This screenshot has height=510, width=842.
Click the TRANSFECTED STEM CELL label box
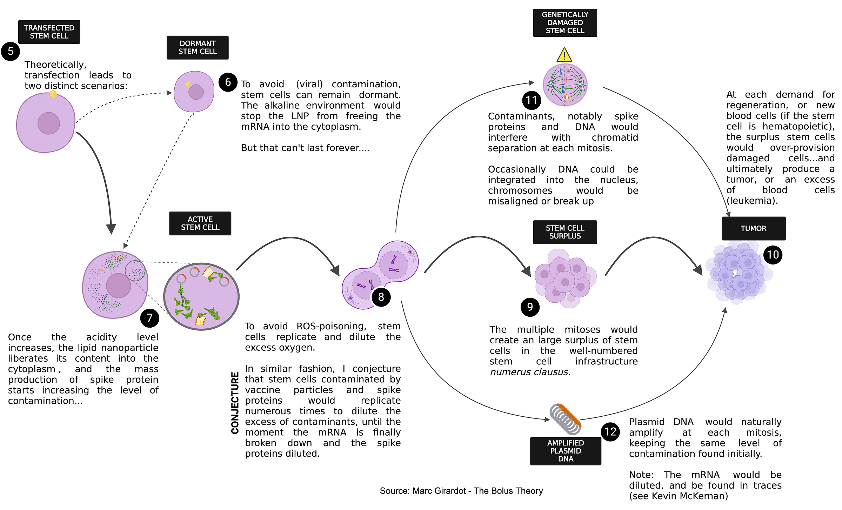point(49,32)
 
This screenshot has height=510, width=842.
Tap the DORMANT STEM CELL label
point(198,47)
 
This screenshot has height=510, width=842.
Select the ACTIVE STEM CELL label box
point(200,223)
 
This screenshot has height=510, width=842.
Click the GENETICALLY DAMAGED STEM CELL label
point(565,23)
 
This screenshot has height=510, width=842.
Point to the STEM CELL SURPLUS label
point(565,232)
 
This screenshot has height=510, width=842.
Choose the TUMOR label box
point(753,228)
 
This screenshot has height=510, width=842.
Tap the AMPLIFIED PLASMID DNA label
point(566,451)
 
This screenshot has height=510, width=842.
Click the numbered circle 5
point(11,52)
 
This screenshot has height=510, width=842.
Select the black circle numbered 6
point(228,82)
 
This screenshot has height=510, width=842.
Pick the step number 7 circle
point(150,318)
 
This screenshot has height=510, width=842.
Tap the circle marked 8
point(381,297)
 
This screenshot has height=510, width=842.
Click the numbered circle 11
point(532,101)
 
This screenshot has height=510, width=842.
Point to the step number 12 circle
point(610,432)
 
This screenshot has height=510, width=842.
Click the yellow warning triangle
point(564,55)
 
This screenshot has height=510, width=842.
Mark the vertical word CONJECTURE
point(235,403)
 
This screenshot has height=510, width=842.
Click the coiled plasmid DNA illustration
point(565,419)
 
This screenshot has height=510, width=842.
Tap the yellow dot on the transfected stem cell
point(53,94)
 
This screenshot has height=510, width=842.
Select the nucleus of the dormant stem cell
point(196,92)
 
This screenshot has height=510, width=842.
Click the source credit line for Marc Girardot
point(461,491)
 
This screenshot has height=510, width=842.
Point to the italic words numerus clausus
point(529,372)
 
